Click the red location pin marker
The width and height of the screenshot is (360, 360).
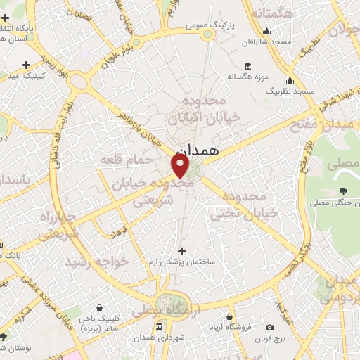[x=181, y=166]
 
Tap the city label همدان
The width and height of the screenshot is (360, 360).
[x=199, y=150]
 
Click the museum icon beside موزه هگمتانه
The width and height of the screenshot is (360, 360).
[x=232, y=75]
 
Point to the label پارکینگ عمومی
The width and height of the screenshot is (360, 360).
[x=210, y=25]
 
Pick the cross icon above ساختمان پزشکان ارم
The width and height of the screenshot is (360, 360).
[x=182, y=251]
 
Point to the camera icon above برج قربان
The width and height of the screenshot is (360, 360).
[x=269, y=327]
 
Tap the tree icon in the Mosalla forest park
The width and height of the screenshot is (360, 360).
[x=343, y=191]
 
